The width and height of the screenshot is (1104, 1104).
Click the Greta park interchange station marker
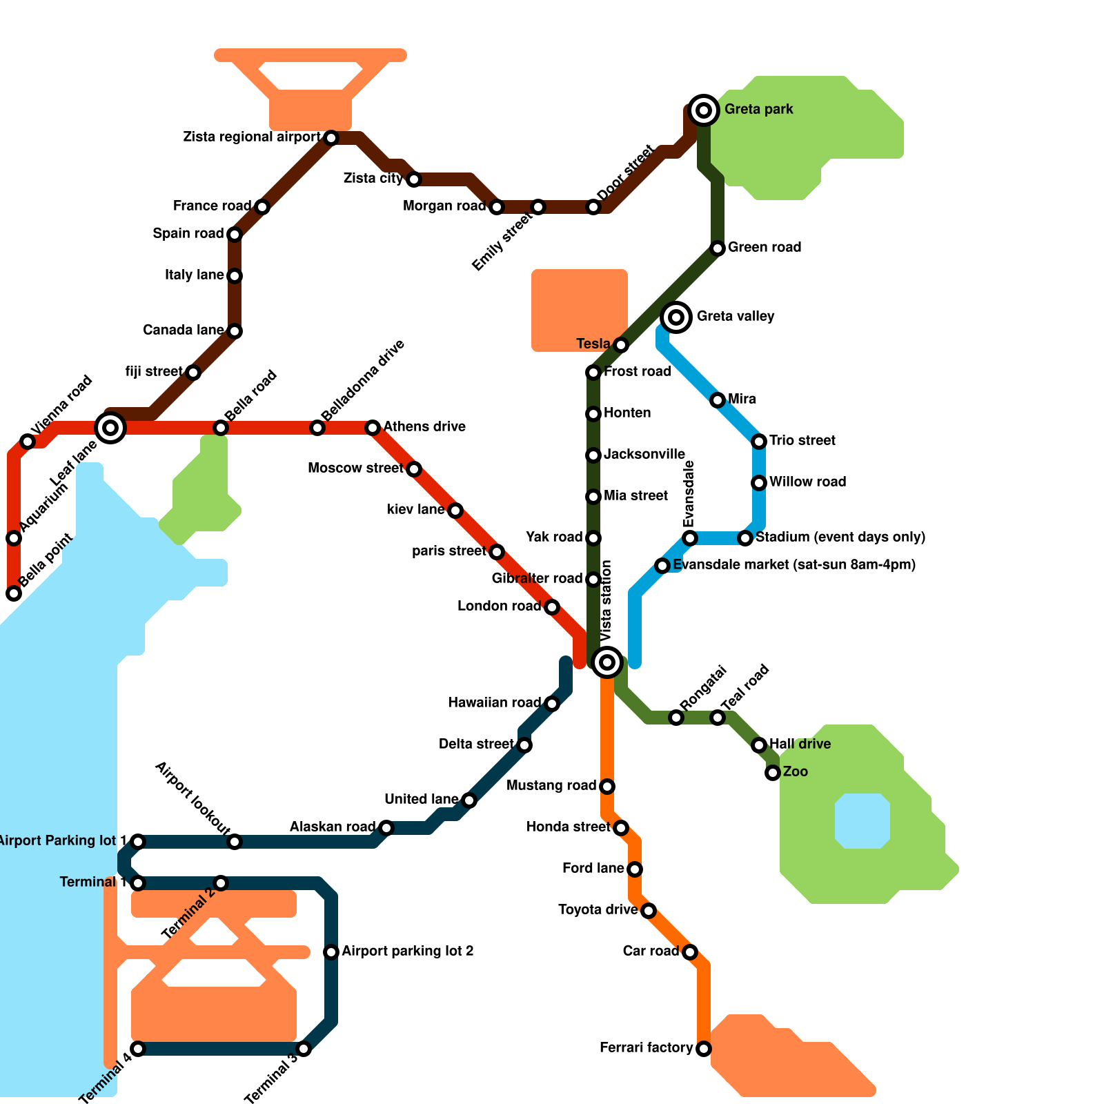[703, 110]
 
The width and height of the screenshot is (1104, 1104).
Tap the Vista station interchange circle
[607, 662]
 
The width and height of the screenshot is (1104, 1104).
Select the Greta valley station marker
[676, 317]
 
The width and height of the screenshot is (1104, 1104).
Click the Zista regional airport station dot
[331, 138]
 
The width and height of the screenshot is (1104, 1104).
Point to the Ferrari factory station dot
[703, 1049]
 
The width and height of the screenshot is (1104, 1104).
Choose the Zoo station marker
[773, 773]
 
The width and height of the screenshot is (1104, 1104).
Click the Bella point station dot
[14, 593]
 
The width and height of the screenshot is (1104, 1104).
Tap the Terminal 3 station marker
[304, 1049]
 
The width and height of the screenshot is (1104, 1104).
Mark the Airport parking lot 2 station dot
[331, 952]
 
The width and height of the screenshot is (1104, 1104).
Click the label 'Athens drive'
[424, 427]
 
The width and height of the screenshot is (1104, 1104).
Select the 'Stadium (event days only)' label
[840, 538]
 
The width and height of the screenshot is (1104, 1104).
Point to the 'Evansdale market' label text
[793, 565]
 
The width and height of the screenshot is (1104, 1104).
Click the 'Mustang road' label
[551, 786]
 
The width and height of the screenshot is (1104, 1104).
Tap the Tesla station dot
[621, 345]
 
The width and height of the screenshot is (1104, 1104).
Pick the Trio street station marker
[759, 442]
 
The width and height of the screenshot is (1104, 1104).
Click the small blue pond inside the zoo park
[862, 820]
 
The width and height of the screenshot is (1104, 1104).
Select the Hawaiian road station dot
[552, 704]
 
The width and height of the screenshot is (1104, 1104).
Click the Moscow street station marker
[414, 469]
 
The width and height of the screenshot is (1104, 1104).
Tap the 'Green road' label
[765, 248]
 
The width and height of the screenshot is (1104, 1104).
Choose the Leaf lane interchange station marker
[110, 428]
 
